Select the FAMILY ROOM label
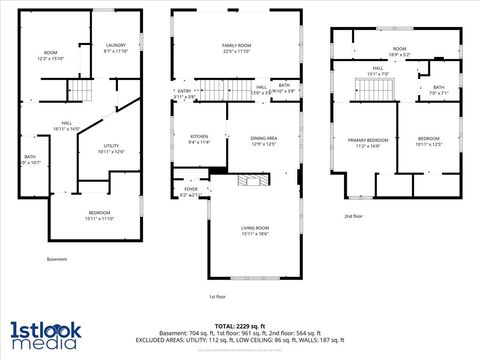(236, 46)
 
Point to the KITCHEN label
(199, 136)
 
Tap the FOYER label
(191, 187)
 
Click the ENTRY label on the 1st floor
(184, 92)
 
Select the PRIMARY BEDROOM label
(368, 140)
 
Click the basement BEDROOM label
(99, 214)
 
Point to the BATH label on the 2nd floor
(438, 88)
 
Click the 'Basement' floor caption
(57, 259)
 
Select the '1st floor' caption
(218, 296)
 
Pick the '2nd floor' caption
(355, 216)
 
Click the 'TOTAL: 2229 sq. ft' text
(239, 326)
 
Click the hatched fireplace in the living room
(247, 182)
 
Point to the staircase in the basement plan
(79, 94)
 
